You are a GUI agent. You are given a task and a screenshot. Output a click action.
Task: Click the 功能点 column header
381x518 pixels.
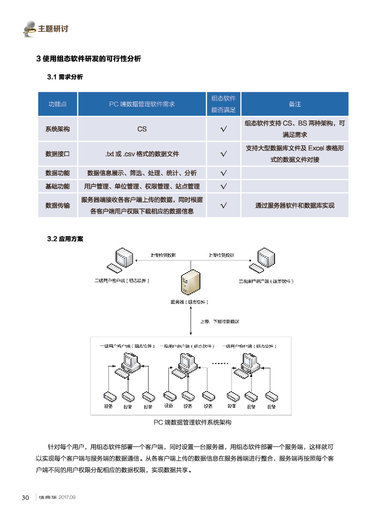pyautogui.click(x=57, y=104)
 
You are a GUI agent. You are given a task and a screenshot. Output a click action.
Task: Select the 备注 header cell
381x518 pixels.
pyautogui.click(x=294, y=104)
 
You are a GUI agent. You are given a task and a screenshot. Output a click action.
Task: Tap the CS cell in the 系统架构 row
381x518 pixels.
pyautogui.click(x=142, y=129)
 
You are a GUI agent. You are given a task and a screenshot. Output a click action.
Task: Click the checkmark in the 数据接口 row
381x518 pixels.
pyautogui.click(x=223, y=154)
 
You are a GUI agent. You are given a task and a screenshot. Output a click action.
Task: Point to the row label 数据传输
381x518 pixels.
pyautogui.click(x=57, y=206)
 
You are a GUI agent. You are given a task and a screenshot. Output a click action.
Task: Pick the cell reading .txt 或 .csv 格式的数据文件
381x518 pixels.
pyautogui.click(x=142, y=154)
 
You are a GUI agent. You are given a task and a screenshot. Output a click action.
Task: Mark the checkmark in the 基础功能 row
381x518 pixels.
pyautogui.click(x=223, y=186)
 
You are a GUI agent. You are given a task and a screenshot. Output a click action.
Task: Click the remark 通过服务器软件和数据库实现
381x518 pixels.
pyautogui.click(x=294, y=206)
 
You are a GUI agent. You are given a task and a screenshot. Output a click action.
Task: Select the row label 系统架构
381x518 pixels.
pyautogui.click(x=57, y=129)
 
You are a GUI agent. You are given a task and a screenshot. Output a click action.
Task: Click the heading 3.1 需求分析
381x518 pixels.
pyautogui.click(x=65, y=77)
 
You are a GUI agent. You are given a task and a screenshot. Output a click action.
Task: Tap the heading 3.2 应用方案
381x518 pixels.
pyautogui.click(x=65, y=239)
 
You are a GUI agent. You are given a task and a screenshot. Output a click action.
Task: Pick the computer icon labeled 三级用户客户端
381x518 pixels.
pyautogui.click(x=263, y=262)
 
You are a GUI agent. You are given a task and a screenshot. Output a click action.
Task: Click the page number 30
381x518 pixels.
pyautogui.click(x=26, y=498)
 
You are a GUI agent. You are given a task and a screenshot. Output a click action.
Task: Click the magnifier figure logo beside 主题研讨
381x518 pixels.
pyautogui.click(x=29, y=29)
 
